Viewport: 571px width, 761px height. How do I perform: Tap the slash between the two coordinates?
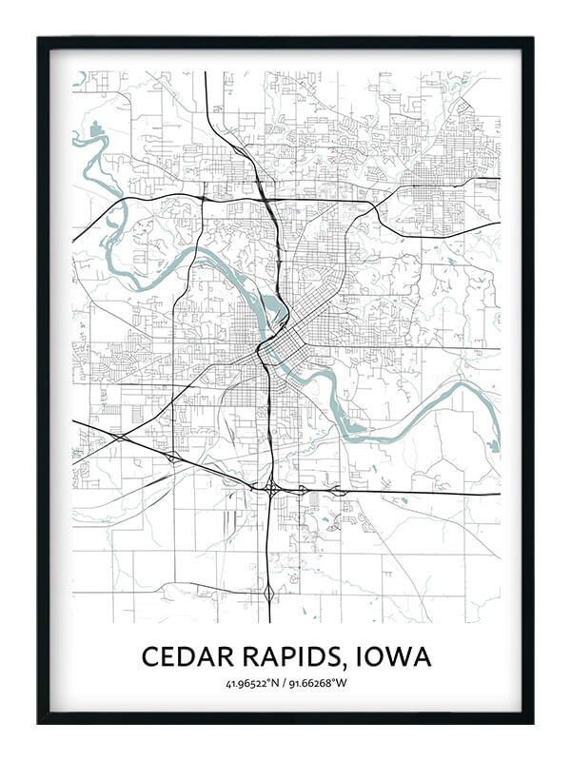tap(287, 684)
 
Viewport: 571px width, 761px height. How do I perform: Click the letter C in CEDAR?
tap(150, 656)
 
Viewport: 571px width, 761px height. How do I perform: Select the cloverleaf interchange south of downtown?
tap(272, 490)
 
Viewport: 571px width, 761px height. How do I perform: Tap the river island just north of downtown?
tap(276, 309)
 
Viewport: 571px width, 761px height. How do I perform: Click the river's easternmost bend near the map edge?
tap(492, 419)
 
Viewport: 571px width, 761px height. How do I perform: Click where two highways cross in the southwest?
tap(120, 436)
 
